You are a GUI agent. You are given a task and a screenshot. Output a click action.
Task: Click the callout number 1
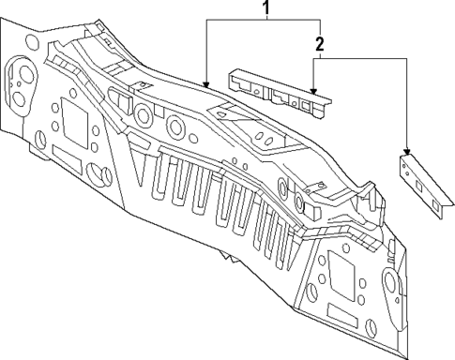265,10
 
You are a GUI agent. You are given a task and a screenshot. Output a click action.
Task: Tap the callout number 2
320,43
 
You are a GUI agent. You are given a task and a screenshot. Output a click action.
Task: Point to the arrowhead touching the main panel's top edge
205,85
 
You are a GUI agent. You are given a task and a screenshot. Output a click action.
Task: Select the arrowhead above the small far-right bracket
407,150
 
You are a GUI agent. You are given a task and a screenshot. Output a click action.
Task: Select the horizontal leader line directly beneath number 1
264,22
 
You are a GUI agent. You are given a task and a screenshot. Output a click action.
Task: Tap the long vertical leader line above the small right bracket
407,103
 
